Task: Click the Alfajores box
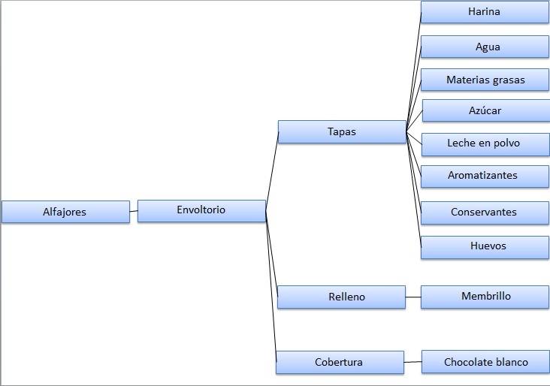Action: (65, 212)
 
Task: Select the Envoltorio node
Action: (201, 211)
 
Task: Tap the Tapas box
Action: (342, 132)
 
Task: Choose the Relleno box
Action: (341, 297)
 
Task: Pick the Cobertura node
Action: (340, 362)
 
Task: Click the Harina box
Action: (485, 12)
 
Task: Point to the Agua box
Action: (485, 47)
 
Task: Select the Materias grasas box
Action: (485, 80)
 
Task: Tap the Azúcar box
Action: (486, 111)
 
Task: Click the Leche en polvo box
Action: (485, 144)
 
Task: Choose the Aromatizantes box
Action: (485, 176)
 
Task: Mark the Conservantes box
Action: (485, 213)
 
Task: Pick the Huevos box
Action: (485, 248)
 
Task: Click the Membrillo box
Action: (485, 297)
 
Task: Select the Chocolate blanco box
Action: (485, 361)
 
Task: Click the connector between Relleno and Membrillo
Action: (413, 297)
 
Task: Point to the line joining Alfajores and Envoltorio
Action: (134, 211)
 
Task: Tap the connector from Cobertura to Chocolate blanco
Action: (412, 362)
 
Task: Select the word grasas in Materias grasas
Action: (509, 80)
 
